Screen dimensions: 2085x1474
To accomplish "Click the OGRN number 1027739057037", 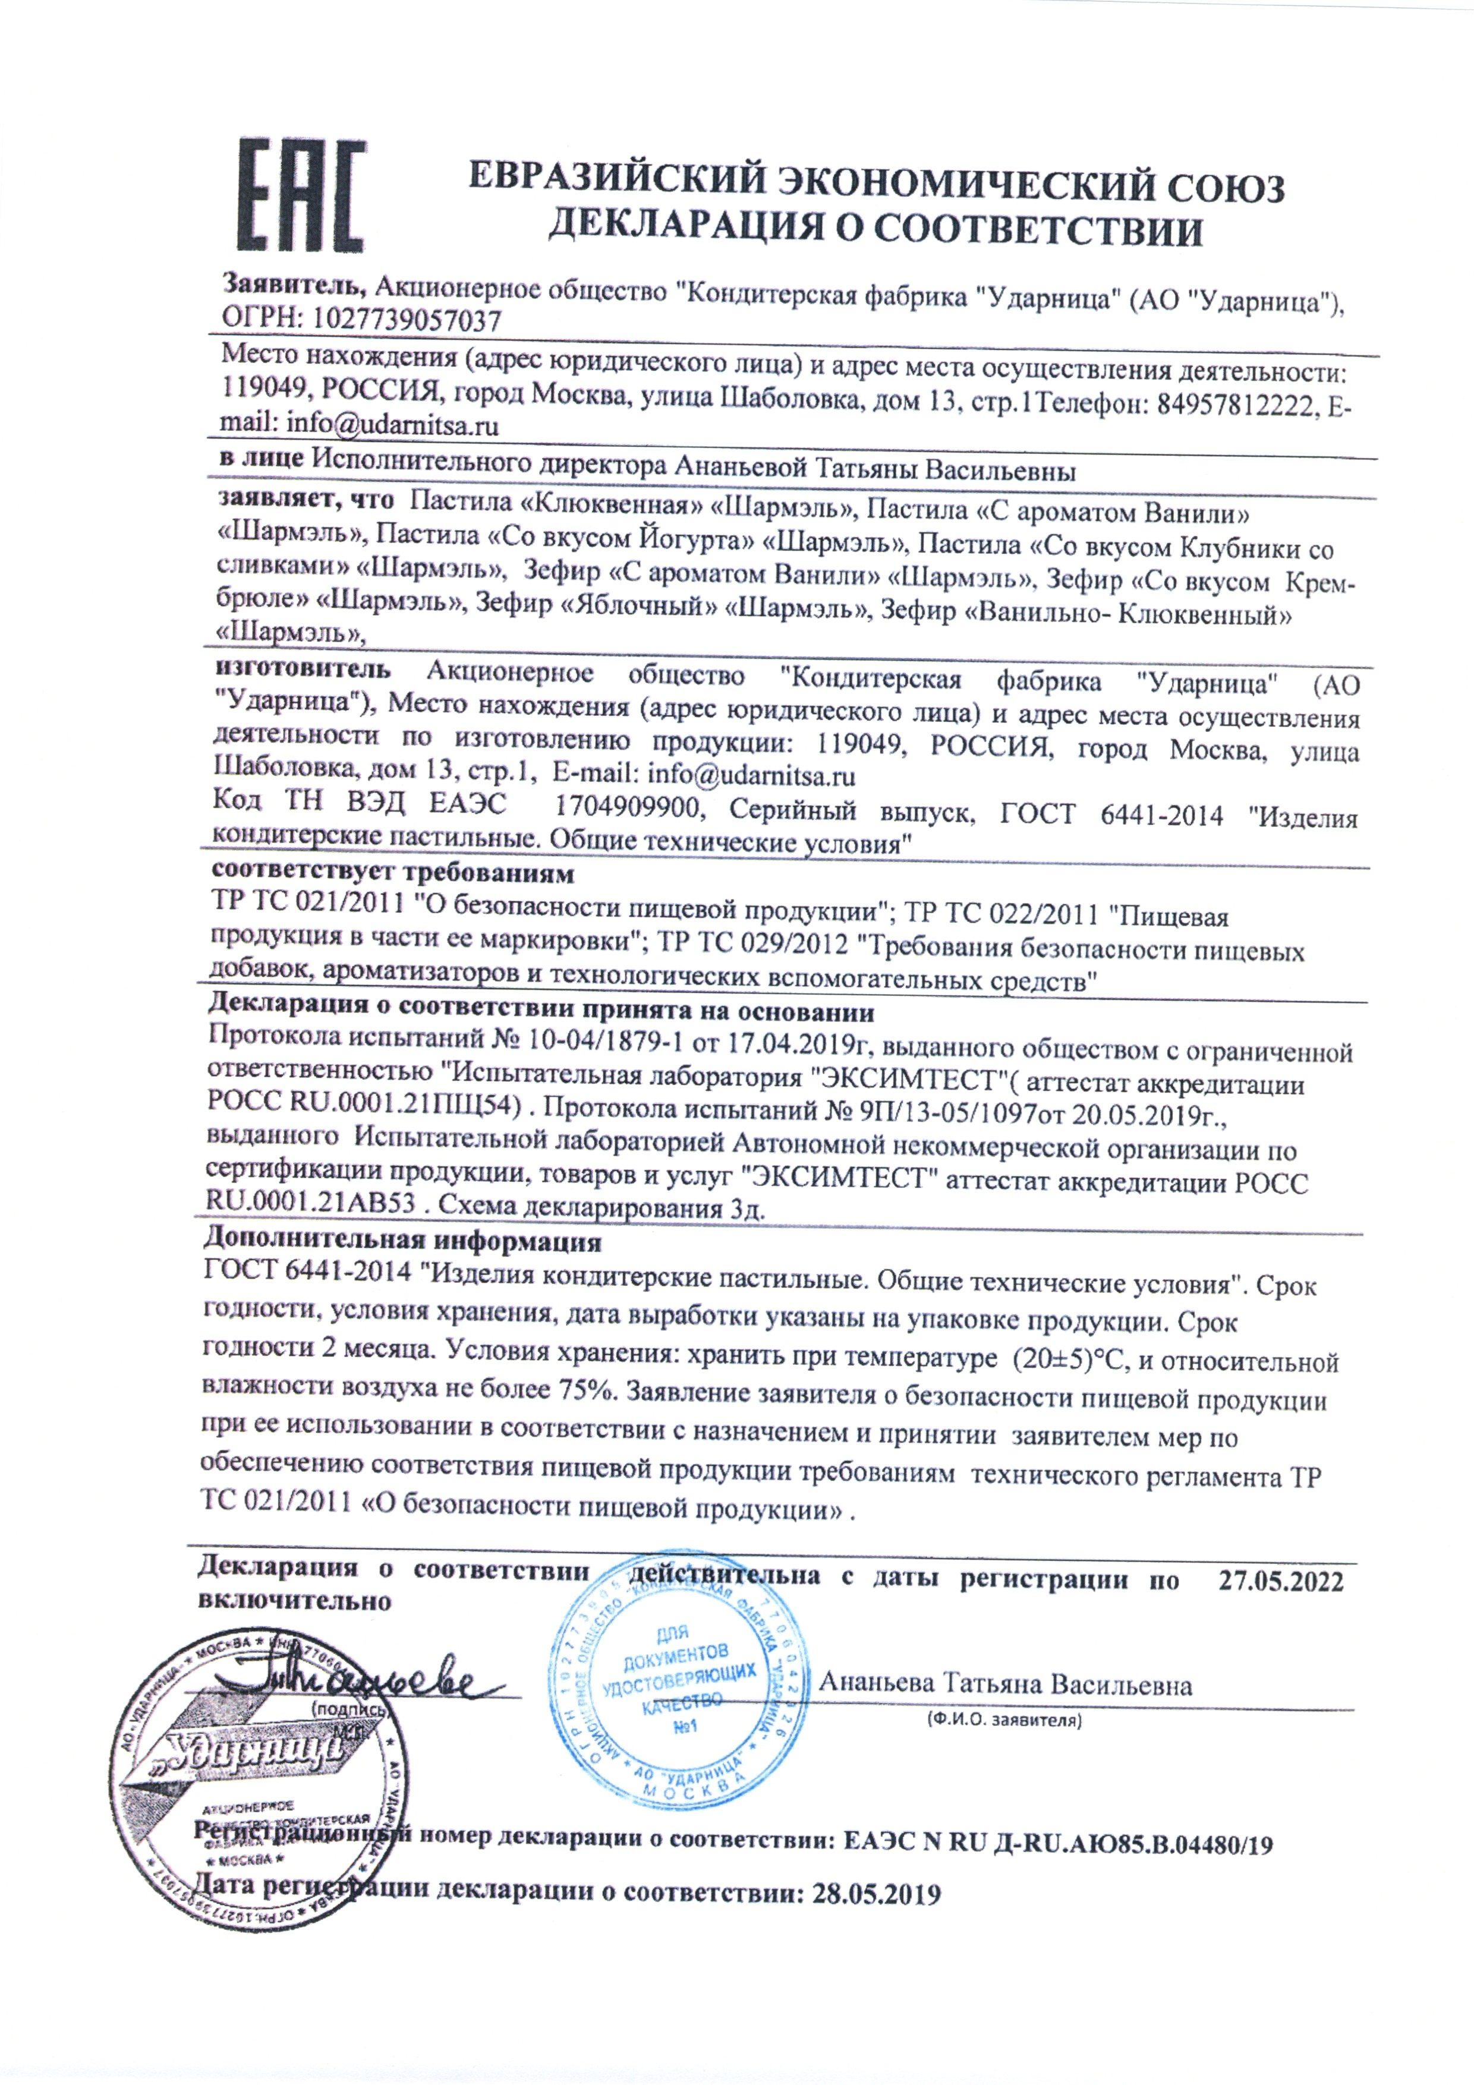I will tap(407, 320).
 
